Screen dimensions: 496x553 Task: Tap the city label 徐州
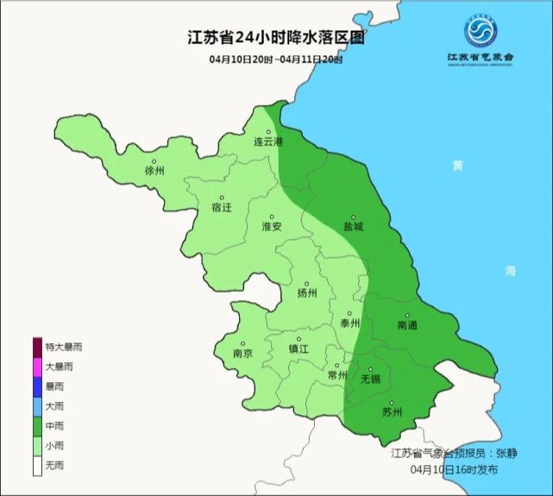[x=154, y=170]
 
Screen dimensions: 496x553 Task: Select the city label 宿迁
[x=222, y=208]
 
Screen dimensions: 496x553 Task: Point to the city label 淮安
[x=272, y=226]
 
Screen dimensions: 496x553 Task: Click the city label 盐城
[x=353, y=226]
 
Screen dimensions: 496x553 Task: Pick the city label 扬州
[x=307, y=292]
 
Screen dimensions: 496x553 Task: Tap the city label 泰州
[x=349, y=323]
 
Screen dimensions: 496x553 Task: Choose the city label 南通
[x=407, y=325]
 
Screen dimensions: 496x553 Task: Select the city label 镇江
[x=298, y=349]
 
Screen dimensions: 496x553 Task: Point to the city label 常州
[x=337, y=375]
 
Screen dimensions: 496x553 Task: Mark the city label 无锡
[x=370, y=379]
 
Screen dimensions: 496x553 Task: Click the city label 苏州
[x=392, y=411]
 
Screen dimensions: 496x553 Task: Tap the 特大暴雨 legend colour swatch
[x=37, y=347]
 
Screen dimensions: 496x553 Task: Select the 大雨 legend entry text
[x=54, y=406]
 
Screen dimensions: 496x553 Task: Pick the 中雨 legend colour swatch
[x=37, y=426]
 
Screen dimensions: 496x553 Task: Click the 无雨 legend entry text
[x=54, y=466]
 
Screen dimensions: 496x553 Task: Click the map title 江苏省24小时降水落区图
[x=275, y=39]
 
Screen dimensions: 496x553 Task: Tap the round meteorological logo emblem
[x=481, y=31]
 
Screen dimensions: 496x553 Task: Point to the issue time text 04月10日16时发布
[x=454, y=470]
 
